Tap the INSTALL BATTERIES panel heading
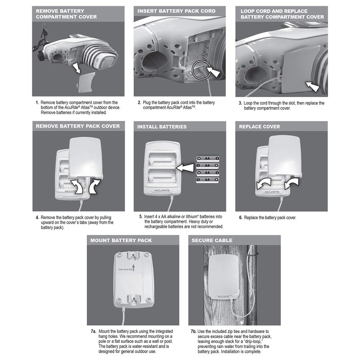pos(162,126)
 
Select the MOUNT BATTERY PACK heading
pos(121,240)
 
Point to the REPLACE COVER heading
pos(260,126)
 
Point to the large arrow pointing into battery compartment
pos(186,169)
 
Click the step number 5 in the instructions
pos(141,216)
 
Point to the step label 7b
pos(193,332)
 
